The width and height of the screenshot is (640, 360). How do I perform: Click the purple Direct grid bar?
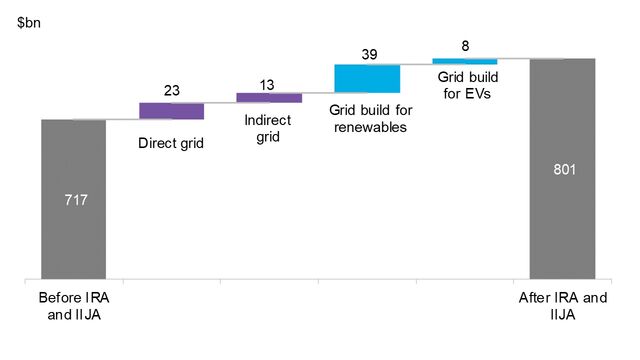171,111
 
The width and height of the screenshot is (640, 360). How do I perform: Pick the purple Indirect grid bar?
269,97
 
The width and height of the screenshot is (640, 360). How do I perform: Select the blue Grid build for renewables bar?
367,79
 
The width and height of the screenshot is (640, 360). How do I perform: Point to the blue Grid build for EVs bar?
464,61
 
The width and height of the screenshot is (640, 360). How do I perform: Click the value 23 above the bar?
172,91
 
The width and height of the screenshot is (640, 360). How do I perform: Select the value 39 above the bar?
367,53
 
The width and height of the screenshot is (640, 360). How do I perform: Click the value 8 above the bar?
465,45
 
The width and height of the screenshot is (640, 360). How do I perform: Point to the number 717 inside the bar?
74,200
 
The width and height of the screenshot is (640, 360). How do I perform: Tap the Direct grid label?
170,144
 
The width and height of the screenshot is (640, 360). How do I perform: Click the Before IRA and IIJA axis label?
72,306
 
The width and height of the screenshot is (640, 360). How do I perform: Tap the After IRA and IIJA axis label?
563,306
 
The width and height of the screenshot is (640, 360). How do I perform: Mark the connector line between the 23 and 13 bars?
220,102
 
